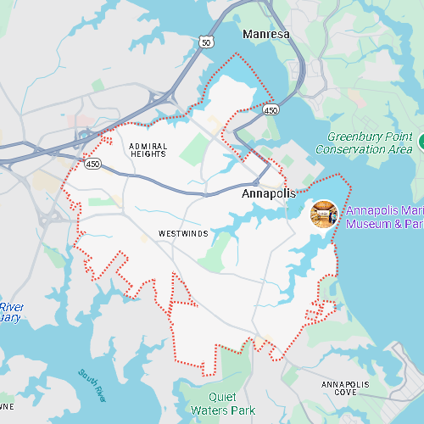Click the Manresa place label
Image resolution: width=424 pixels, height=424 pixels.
(x=266, y=35)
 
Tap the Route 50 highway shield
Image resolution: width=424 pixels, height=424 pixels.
(x=208, y=42)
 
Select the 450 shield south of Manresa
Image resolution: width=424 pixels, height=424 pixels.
(x=271, y=110)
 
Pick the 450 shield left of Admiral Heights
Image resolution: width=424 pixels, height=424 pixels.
(x=92, y=161)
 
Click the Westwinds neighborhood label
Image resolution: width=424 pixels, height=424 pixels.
(x=182, y=233)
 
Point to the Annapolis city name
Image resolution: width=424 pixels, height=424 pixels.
(x=269, y=194)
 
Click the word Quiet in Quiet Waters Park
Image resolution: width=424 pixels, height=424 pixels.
(x=226, y=398)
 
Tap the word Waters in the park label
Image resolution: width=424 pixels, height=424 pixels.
(x=211, y=410)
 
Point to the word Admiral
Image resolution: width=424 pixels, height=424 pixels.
(x=148, y=146)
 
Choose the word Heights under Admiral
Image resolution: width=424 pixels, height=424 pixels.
(x=148, y=154)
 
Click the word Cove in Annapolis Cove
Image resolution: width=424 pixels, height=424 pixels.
(x=345, y=394)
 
